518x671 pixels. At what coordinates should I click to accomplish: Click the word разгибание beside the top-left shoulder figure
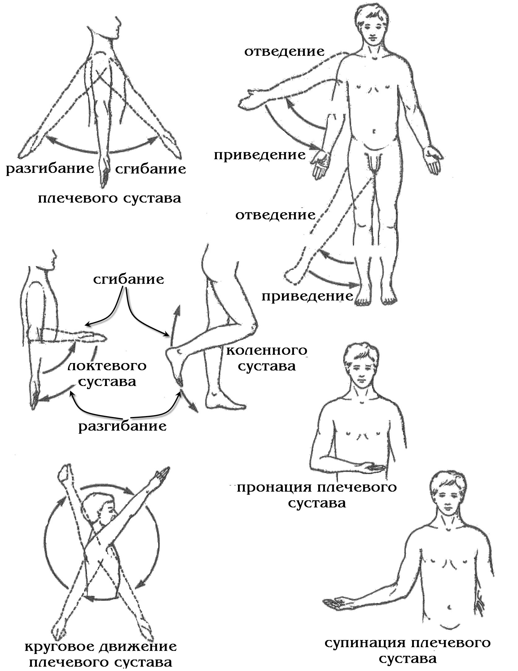pos(50,169)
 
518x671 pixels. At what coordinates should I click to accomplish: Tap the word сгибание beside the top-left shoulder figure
pos(151,169)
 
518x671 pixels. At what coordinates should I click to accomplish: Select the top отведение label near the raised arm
pos(284,51)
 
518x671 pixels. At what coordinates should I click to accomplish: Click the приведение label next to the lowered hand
pos(260,155)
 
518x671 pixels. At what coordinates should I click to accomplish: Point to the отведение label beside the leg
pos(275,215)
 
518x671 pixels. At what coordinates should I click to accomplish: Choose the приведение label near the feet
pos(307,296)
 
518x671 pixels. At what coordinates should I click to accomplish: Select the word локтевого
pos(107,366)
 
